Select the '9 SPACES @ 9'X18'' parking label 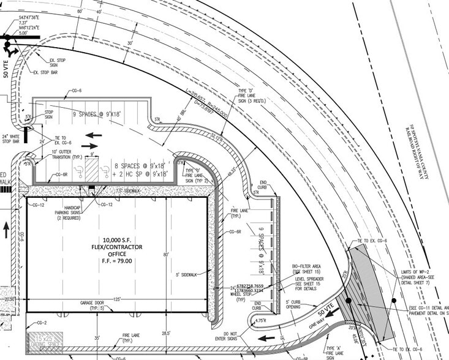click(x=99, y=114)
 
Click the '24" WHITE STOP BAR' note click(x=10, y=138)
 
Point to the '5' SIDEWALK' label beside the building click(x=187, y=274)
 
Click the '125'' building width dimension click(x=116, y=299)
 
